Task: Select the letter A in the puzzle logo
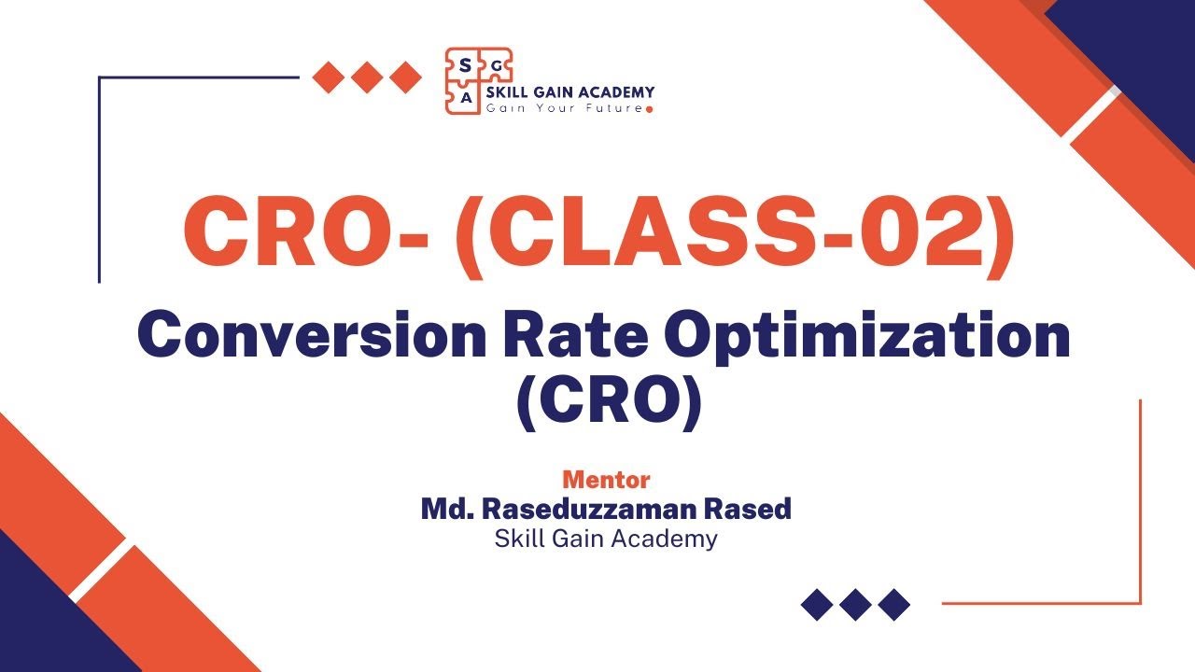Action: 465,95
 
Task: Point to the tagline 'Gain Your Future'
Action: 564,108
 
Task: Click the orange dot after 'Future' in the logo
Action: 650,109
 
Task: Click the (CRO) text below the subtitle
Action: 608,403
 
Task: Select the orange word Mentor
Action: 606,481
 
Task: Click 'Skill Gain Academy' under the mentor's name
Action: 606,539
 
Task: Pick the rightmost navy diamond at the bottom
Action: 894,605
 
